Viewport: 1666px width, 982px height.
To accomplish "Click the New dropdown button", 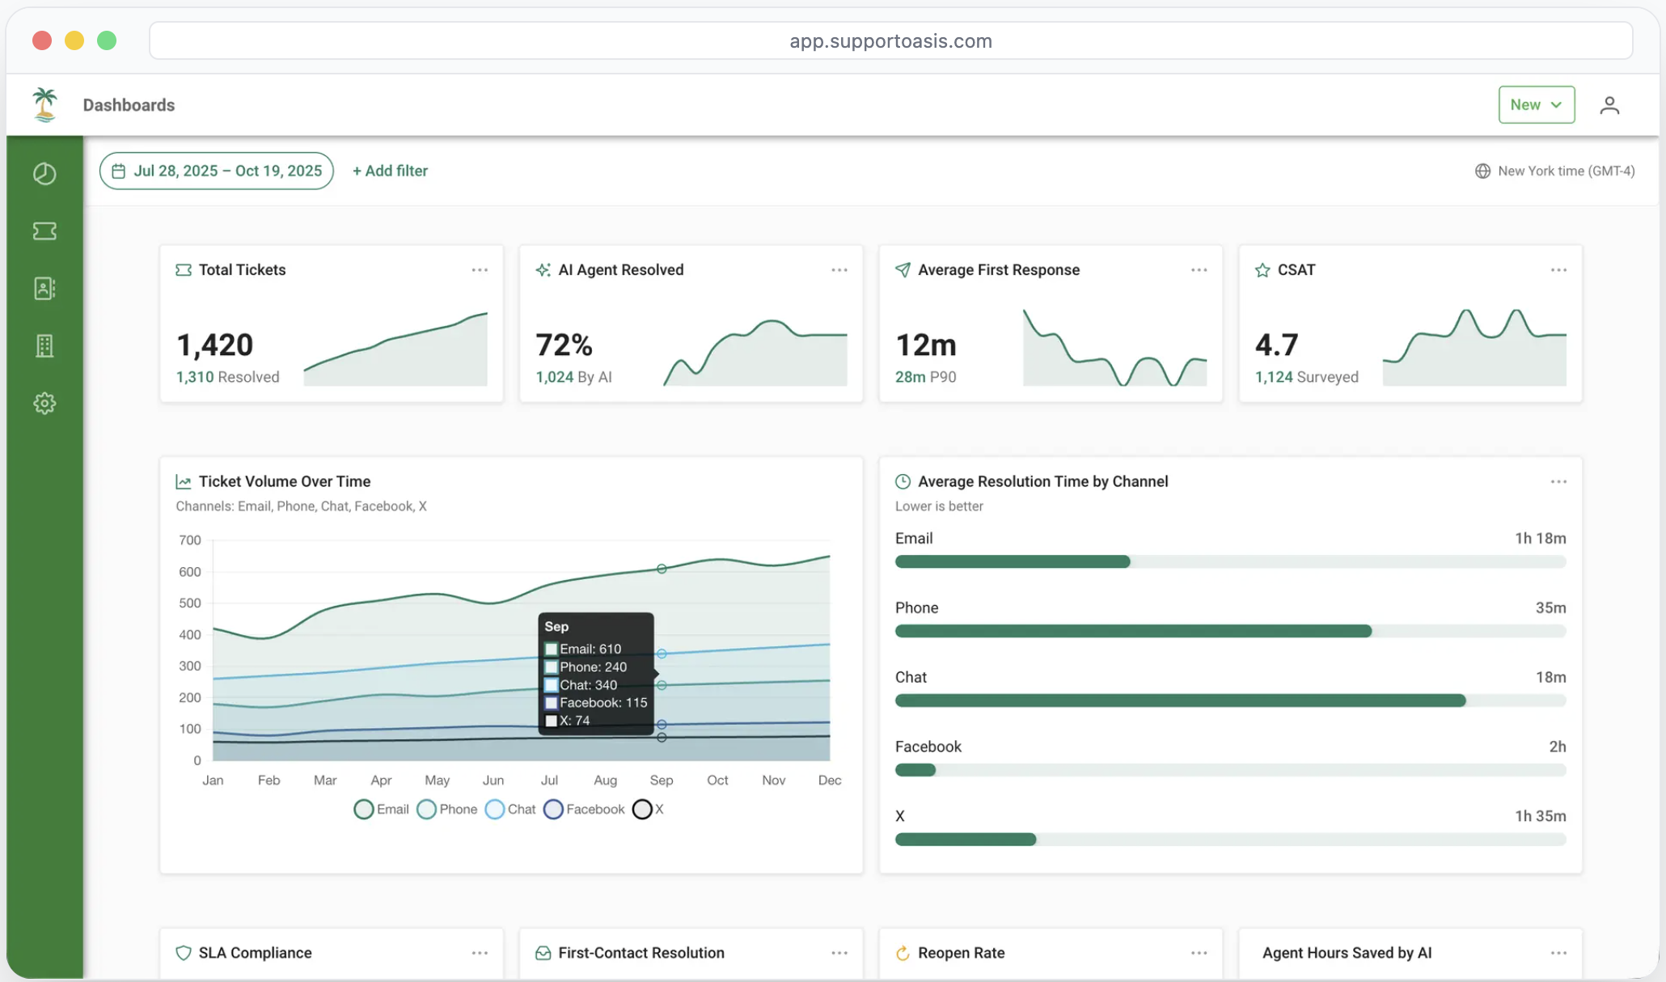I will [x=1536, y=105].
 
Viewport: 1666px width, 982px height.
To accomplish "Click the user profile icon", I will [x=1609, y=105].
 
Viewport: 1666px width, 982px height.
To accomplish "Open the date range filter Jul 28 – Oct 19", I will [x=217, y=171].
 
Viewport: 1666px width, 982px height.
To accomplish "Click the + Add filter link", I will [x=390, y=171].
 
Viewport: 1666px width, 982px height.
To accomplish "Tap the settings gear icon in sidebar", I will [x=44, y=403].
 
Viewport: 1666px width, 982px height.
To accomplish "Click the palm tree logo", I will [x=45, y=105].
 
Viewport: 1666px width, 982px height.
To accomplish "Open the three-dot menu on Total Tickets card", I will [x=480, y=270].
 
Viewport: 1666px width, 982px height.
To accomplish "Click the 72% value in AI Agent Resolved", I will [x=564, y=345].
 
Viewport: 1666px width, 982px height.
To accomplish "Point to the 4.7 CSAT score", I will [x=1276, y=345].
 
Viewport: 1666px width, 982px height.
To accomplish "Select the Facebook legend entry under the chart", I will [x=585, y=809].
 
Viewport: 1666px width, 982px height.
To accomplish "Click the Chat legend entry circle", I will [x=495, y=809].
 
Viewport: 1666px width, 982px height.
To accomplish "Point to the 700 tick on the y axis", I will [x=190, y=540].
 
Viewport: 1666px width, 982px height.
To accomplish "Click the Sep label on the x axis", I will [x=661, y=780].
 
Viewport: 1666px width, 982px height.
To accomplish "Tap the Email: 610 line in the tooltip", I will [x=590, y=649].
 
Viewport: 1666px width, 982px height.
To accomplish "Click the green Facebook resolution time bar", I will [x=915, y=770].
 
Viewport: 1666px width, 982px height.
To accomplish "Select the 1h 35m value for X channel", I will [x=1540, y=816].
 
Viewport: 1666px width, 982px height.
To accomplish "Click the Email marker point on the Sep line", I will [x=662, y=569].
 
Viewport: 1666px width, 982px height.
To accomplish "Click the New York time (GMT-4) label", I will [x=1565, y=171].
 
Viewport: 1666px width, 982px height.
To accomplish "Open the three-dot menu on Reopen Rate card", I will [x=1199, y=953].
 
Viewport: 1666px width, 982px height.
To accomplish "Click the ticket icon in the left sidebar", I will [x=44, y=231].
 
